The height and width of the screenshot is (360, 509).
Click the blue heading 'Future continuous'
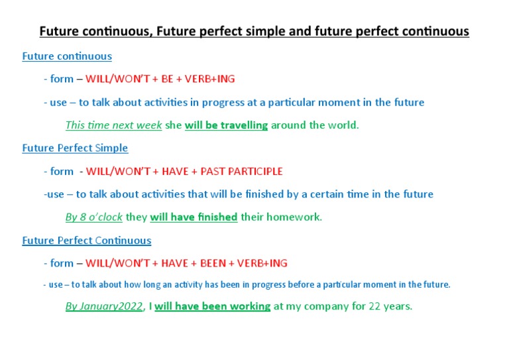point(67,56)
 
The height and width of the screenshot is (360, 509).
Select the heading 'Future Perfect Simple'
point(75,148)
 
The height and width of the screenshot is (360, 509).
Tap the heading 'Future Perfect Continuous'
point(86,240)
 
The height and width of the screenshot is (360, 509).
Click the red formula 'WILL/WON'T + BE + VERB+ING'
point(160,79)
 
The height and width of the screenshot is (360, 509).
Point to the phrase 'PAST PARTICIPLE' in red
point(245,171)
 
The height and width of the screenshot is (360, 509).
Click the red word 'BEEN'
point(208,263)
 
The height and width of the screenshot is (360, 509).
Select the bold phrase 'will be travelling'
point(226,125)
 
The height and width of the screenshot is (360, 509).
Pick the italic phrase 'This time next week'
point(113,125)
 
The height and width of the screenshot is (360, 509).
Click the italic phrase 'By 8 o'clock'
point(93,217)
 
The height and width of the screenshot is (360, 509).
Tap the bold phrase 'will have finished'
point(194,217)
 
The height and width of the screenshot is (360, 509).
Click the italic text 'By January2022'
point(103,306)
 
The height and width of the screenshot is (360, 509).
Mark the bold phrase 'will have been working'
point(212,306)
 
